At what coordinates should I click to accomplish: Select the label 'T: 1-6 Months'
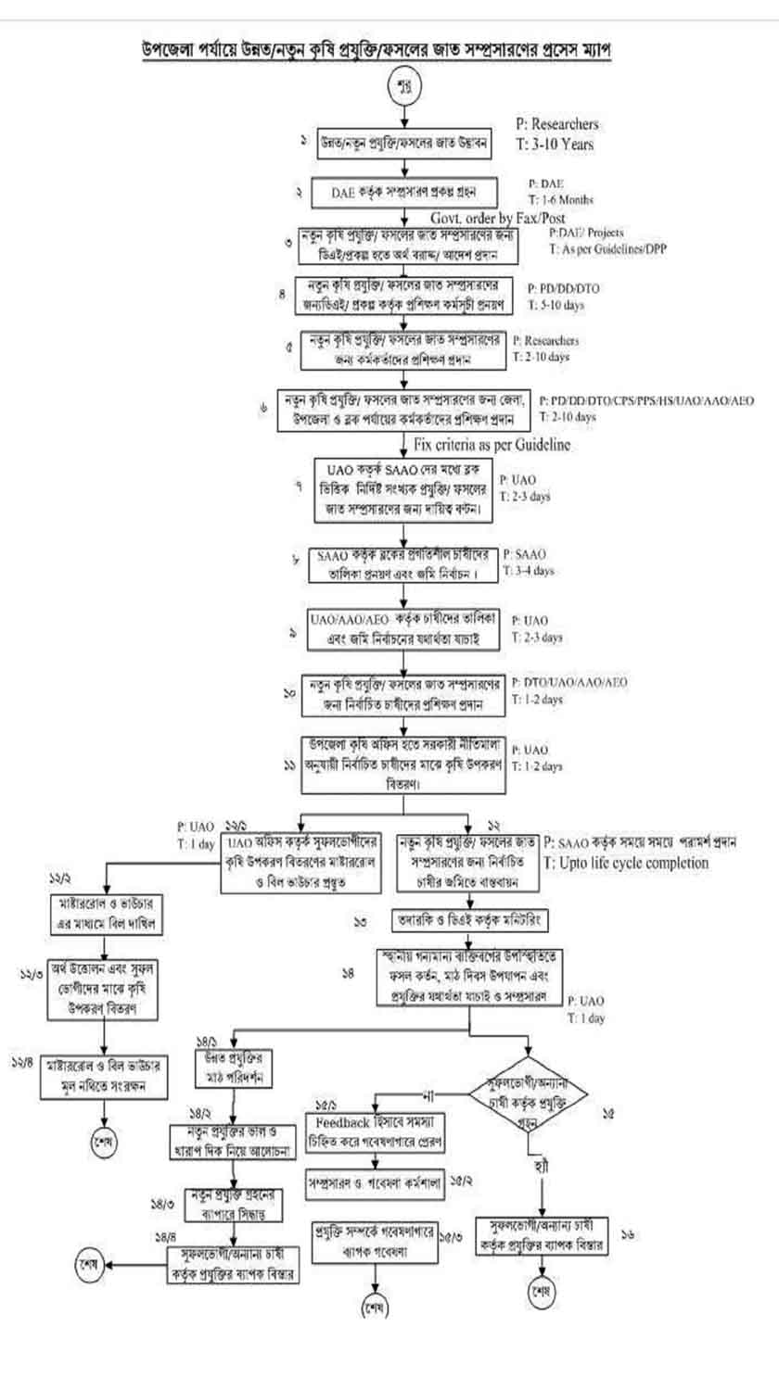[x=561, y=199]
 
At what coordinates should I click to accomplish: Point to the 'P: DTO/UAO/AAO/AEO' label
[x=569, y=682]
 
